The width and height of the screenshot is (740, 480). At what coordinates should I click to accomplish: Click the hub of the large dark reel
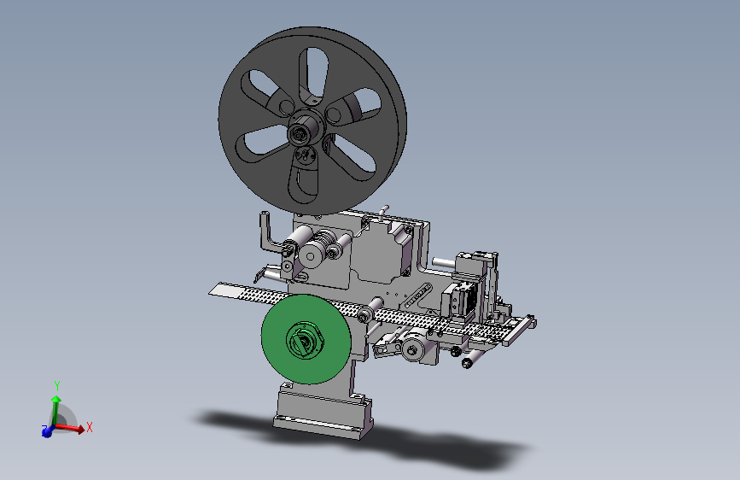coord(306,129)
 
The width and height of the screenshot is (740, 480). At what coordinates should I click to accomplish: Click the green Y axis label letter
coord(57,386)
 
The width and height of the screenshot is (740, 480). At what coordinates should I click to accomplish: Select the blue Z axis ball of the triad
coord(47,431)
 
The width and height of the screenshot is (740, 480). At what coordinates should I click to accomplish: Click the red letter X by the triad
coord(90,427)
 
